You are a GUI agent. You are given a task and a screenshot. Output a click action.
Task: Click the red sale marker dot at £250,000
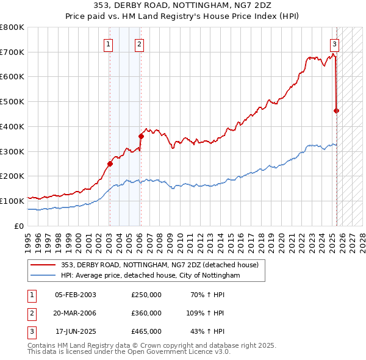tap(110, 164)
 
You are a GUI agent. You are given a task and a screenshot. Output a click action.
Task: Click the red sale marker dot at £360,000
tap(141, 136)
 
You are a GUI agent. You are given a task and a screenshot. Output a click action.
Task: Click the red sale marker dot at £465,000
tap(336, 110)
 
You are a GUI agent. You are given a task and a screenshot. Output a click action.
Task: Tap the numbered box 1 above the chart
tap(108, 43)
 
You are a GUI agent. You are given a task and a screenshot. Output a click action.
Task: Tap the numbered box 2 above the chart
tap(139, 43)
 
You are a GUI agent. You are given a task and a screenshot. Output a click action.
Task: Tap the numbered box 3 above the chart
tap(335, 43)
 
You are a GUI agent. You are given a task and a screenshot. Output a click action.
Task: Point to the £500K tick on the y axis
tap(12, 101)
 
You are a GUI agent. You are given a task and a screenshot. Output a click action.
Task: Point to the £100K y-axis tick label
tap(12, 201)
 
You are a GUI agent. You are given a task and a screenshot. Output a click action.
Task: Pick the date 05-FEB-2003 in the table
tap(76, 295)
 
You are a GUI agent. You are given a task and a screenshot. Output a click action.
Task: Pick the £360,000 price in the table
tap(146, 313)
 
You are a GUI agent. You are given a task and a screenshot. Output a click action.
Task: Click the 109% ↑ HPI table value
tap(206, 313)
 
